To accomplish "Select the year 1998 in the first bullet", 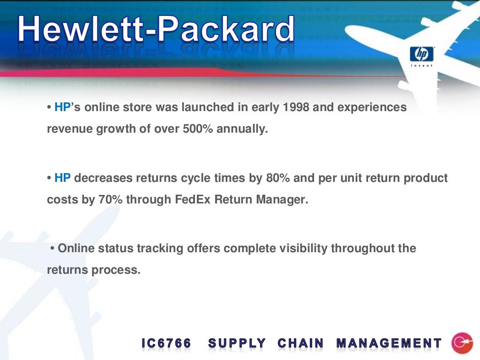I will tap(296, 107).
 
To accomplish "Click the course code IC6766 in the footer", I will tap(166, 344).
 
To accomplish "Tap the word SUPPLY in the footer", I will tap(237, 344).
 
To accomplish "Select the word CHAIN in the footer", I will tap(300, 344).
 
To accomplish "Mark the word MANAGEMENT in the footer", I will tap(389, 344).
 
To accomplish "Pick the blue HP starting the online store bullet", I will tap(62, 107).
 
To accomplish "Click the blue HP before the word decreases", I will tap(62, 178).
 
